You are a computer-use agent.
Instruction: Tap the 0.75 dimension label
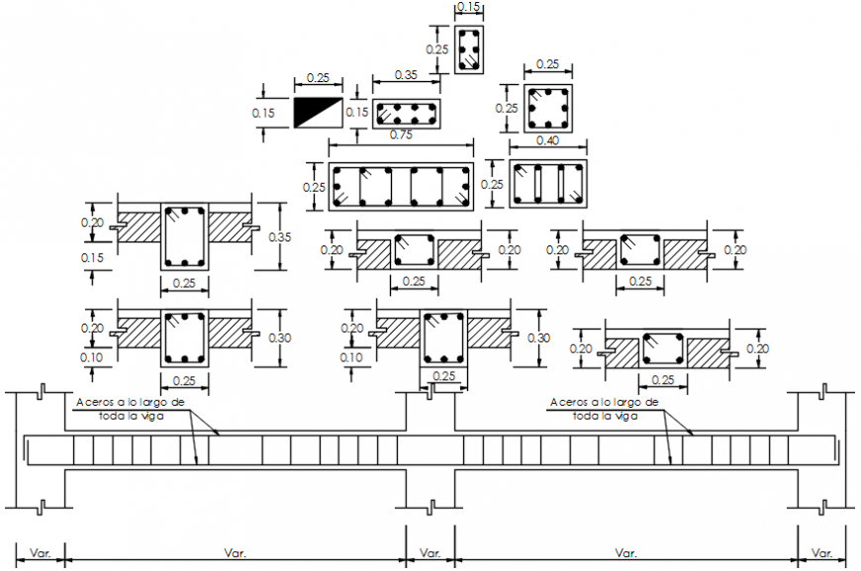[x=402, y=135]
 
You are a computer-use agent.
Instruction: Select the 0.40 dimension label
[x=546, y=142]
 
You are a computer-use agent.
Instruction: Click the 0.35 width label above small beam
[x=405, y=74]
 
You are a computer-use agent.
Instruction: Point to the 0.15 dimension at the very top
[x=469, y=7]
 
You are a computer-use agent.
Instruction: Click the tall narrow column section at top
[x=469, y=48]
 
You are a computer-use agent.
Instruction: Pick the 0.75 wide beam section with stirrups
[x=401, y=185]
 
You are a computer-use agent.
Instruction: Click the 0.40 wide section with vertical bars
[x=547, y=185]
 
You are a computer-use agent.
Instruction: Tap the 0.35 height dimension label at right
[x=280, y=238]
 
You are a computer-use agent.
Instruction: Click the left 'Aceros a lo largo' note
[x=131, y=409]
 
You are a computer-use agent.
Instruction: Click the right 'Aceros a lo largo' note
[x=604, y=409]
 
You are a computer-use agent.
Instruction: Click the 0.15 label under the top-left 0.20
[x=92, y=258]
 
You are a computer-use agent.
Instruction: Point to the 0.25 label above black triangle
[x=318, y=77]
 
